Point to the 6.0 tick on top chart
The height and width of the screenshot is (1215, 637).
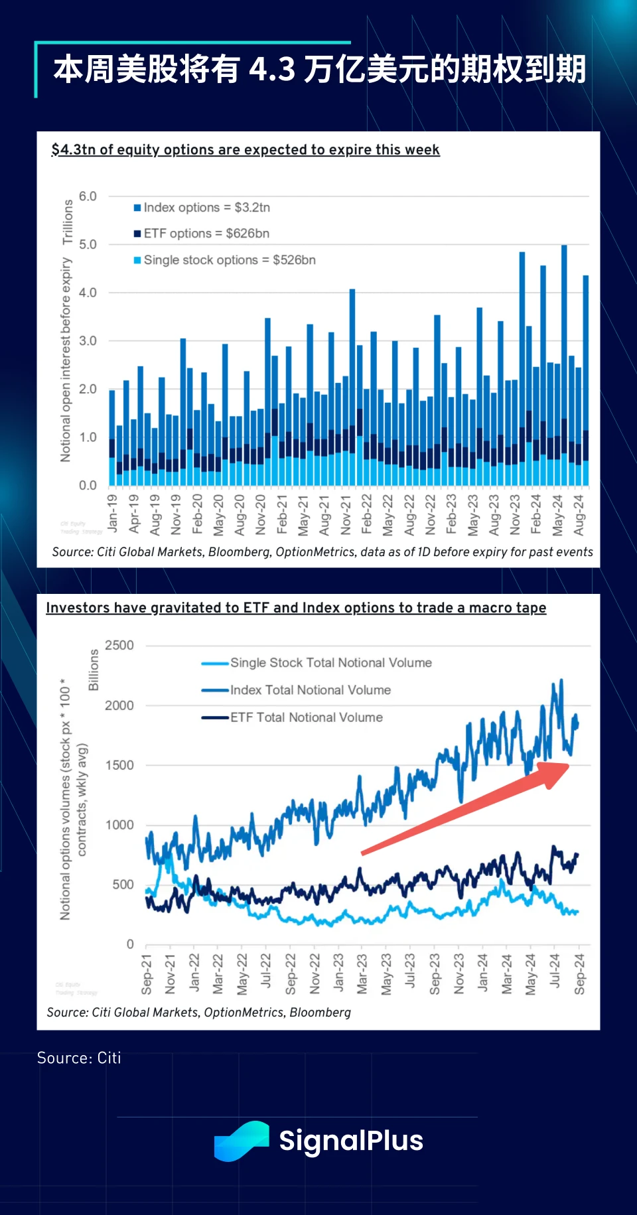coord(88,196)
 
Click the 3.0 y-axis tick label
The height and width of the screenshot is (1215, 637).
coord(88,341)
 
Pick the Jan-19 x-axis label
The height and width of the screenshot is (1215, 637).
coord(112,514)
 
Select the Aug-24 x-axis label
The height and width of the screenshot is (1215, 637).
coord(579,515)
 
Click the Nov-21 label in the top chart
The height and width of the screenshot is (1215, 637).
coord(346,515)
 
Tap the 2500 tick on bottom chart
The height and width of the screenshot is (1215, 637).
coord(119,646)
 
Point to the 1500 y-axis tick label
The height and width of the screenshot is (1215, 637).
coord(119,765)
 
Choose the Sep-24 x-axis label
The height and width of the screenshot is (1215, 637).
coord(580,974)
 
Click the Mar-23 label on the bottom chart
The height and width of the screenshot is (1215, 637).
coord(362,974)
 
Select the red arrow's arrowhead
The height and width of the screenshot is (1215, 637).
coord(555,773)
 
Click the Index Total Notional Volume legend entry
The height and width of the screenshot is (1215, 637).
coord(310,690)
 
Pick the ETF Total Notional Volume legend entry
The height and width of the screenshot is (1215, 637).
coord(306,717)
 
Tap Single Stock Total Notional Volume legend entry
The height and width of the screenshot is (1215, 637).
coord(330,663)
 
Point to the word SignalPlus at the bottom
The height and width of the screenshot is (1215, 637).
coord(351,1141)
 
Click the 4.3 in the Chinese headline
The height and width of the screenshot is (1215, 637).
coord(272,70)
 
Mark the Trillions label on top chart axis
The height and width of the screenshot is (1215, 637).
coord(68,222)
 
